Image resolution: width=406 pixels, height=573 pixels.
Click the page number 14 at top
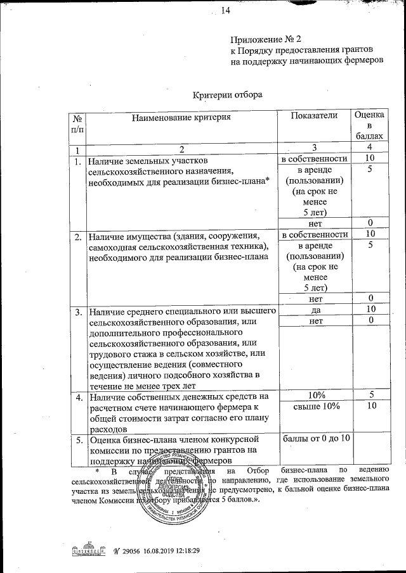click(226, 9)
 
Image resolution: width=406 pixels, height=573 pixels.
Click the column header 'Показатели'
click(315, 115)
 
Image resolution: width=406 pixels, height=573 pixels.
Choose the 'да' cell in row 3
click(315, 310)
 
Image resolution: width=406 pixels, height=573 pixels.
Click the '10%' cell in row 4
click(315, 395)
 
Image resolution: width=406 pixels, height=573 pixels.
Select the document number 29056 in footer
click(130, 550)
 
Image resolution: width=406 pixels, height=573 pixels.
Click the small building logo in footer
click(88, 548)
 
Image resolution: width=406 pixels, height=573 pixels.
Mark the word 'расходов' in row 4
click(107, 429)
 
